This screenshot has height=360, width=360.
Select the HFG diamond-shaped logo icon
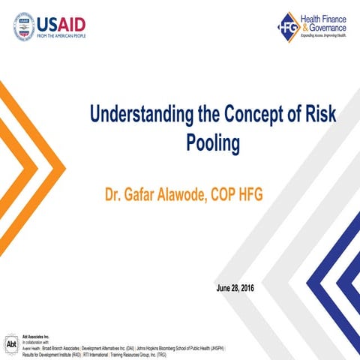point(288,26)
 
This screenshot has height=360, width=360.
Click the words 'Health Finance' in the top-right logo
point(325,17)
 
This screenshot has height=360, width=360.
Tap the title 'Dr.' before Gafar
point(115,196)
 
